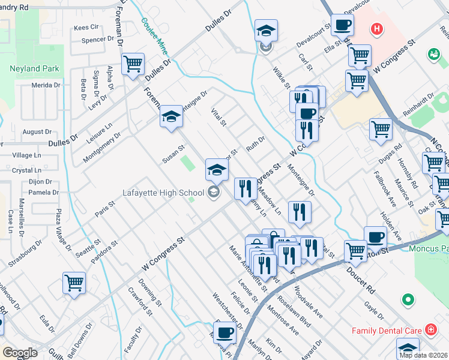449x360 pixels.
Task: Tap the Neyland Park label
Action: point(34,68)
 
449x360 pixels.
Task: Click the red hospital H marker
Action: point(376,28)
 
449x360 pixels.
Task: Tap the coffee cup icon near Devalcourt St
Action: point(342,25)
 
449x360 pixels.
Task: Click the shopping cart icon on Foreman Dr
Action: point(133,63)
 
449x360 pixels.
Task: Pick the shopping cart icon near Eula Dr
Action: point(74,283)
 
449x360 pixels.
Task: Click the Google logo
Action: point(20,353)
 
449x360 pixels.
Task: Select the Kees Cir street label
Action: point(86,28)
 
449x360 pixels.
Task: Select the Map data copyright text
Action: point(424,355)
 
